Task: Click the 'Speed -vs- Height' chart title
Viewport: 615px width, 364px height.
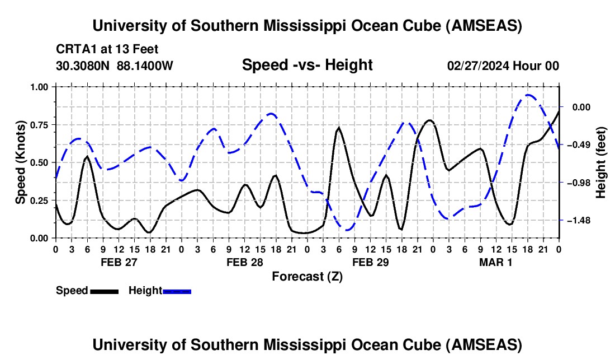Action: click(x=307, y=65)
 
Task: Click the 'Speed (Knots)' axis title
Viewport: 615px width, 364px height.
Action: click(x=21, y=162)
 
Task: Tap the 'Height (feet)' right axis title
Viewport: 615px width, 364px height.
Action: click(x=600, y=162)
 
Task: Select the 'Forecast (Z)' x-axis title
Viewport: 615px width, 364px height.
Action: click(x=307, y=276)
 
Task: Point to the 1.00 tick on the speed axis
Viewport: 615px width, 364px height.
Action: click(x=40, y=87)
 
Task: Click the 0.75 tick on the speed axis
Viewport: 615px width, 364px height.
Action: click(x=40, y=125)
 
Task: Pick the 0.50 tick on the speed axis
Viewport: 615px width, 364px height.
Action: click(x=40, y=162)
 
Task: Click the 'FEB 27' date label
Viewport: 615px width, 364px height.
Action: click(x=119, y=262)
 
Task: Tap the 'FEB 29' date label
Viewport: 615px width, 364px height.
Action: click(x=370, y=262)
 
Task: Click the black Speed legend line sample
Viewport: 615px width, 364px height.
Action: click(x=103, y=291)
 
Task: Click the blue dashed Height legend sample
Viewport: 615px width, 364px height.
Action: click(x=177, y=291)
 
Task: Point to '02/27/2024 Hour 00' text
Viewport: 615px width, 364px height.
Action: click(x=503, y=66)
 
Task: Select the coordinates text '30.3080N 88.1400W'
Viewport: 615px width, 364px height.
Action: click(x=115, y=66)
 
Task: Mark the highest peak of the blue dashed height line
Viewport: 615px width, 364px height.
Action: click(x=528, y=95)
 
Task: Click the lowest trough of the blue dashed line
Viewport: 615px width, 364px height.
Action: click(x=347, y=230)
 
